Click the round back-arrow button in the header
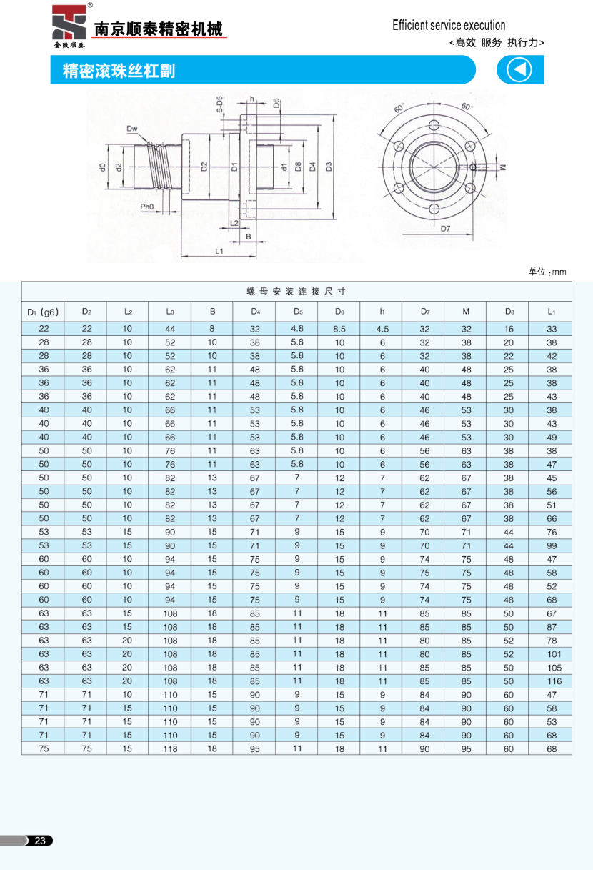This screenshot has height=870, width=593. (519, 70)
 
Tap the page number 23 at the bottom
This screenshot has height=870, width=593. (40, 841)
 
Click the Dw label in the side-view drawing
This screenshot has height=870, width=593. (132, 129)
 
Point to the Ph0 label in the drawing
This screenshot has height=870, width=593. (147, 207)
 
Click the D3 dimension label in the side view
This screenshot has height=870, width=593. (329, 167)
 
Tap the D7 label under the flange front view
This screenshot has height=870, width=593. (445, 229)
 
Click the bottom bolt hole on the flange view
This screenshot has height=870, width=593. (434, 209)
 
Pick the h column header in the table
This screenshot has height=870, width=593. (382, 311)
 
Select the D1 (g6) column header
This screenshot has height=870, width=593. (42, 311)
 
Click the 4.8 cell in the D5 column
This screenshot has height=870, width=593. (297, 328)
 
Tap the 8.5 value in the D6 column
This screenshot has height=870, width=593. (339, 329)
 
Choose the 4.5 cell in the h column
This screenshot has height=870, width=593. (382, 329)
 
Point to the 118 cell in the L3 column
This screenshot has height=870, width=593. (170, 748)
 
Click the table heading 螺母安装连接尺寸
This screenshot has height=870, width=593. (296, 292)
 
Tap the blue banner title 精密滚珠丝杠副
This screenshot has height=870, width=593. (119, 71)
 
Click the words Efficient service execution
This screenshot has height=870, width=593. (449, 26)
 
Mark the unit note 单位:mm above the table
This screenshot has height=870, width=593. (547, 272)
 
